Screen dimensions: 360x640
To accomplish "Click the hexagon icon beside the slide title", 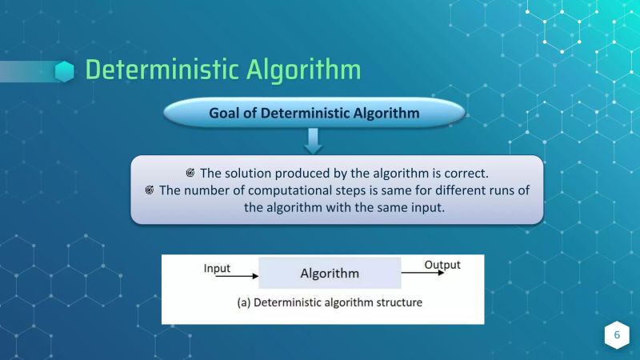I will click(x=65, y=71).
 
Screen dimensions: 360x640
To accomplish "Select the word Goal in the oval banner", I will click(x=226, y=113).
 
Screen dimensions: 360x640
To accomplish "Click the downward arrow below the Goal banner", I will click(x=314, y=142).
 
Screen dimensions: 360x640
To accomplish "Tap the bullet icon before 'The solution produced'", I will click(x=190, y=173).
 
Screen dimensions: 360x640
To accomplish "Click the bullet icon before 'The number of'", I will click(x=150, y=190).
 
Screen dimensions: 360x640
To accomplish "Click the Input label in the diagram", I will click(x=217, y=267).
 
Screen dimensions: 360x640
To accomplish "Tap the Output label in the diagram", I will click(x=442, y=264).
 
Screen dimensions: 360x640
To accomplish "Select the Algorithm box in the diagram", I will click(x=330, y=274).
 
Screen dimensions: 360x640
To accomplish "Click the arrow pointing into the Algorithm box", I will click(x=232, y=277).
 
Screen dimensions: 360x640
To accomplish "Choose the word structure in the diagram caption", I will click(x=398, y=303).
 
